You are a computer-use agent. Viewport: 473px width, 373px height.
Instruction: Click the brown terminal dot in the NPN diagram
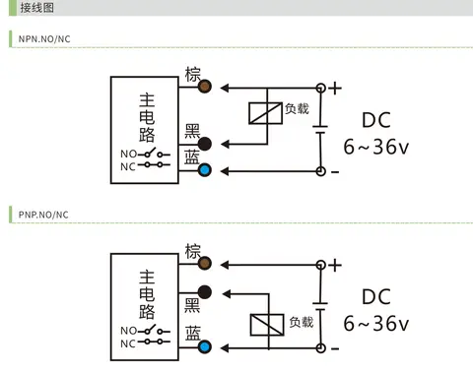[205, 87]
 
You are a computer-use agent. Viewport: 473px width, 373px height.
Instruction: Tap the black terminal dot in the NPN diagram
[205, 144]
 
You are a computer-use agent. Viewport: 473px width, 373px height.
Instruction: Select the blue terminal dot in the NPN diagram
[205, 170]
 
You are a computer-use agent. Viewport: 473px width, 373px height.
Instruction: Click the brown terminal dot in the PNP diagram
[205, 263]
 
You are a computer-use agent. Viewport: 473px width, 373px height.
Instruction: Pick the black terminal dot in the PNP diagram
[205, 292]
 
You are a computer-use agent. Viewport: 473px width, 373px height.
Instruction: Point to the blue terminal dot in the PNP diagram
[205, 347]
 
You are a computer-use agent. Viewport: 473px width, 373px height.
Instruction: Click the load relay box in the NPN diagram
[265, 113]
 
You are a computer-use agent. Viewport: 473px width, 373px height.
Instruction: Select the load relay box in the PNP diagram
[267, 325]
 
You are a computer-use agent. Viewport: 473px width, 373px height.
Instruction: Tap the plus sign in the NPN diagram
[335, 89]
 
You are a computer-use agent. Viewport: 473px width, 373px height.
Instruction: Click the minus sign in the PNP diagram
[335, 348]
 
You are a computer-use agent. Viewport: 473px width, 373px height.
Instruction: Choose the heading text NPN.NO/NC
[44, 39]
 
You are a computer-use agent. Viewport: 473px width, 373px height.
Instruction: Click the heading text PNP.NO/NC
[43, 215]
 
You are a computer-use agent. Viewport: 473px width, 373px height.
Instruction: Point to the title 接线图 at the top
[37, 8]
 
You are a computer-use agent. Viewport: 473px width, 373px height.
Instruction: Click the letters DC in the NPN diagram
[376, 120]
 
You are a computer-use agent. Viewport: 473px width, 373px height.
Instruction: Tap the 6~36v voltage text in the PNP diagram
[376, 324]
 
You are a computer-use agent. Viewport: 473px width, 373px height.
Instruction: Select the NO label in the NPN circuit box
[128, 154]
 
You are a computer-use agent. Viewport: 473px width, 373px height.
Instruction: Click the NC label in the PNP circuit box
[128, 343]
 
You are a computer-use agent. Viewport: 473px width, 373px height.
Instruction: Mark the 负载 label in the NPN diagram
[297, 108]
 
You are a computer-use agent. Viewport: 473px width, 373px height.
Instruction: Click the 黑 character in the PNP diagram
[192, 305]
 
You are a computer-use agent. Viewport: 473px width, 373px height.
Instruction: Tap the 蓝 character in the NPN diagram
[192, 156]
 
